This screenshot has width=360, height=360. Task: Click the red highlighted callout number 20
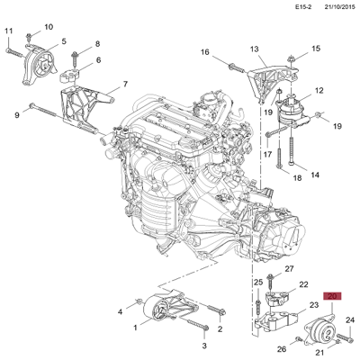tap(332, 296)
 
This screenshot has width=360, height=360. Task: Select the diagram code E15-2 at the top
tap(282, 8)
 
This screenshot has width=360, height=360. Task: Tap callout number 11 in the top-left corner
tap(8, 32)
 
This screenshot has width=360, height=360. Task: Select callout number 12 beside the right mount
tap(319, 91)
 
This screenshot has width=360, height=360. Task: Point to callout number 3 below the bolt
tap(204, 346)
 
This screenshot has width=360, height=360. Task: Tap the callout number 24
tap(351, 320)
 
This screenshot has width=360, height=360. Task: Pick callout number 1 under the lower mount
tap(136, 328)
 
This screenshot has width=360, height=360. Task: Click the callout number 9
tap(17, 114)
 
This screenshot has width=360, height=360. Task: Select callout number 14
tap(315, 174)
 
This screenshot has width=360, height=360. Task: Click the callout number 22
tap(304, 284)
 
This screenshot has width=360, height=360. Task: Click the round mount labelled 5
tap(39, 67)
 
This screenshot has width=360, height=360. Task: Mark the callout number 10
tap(48, 27)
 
